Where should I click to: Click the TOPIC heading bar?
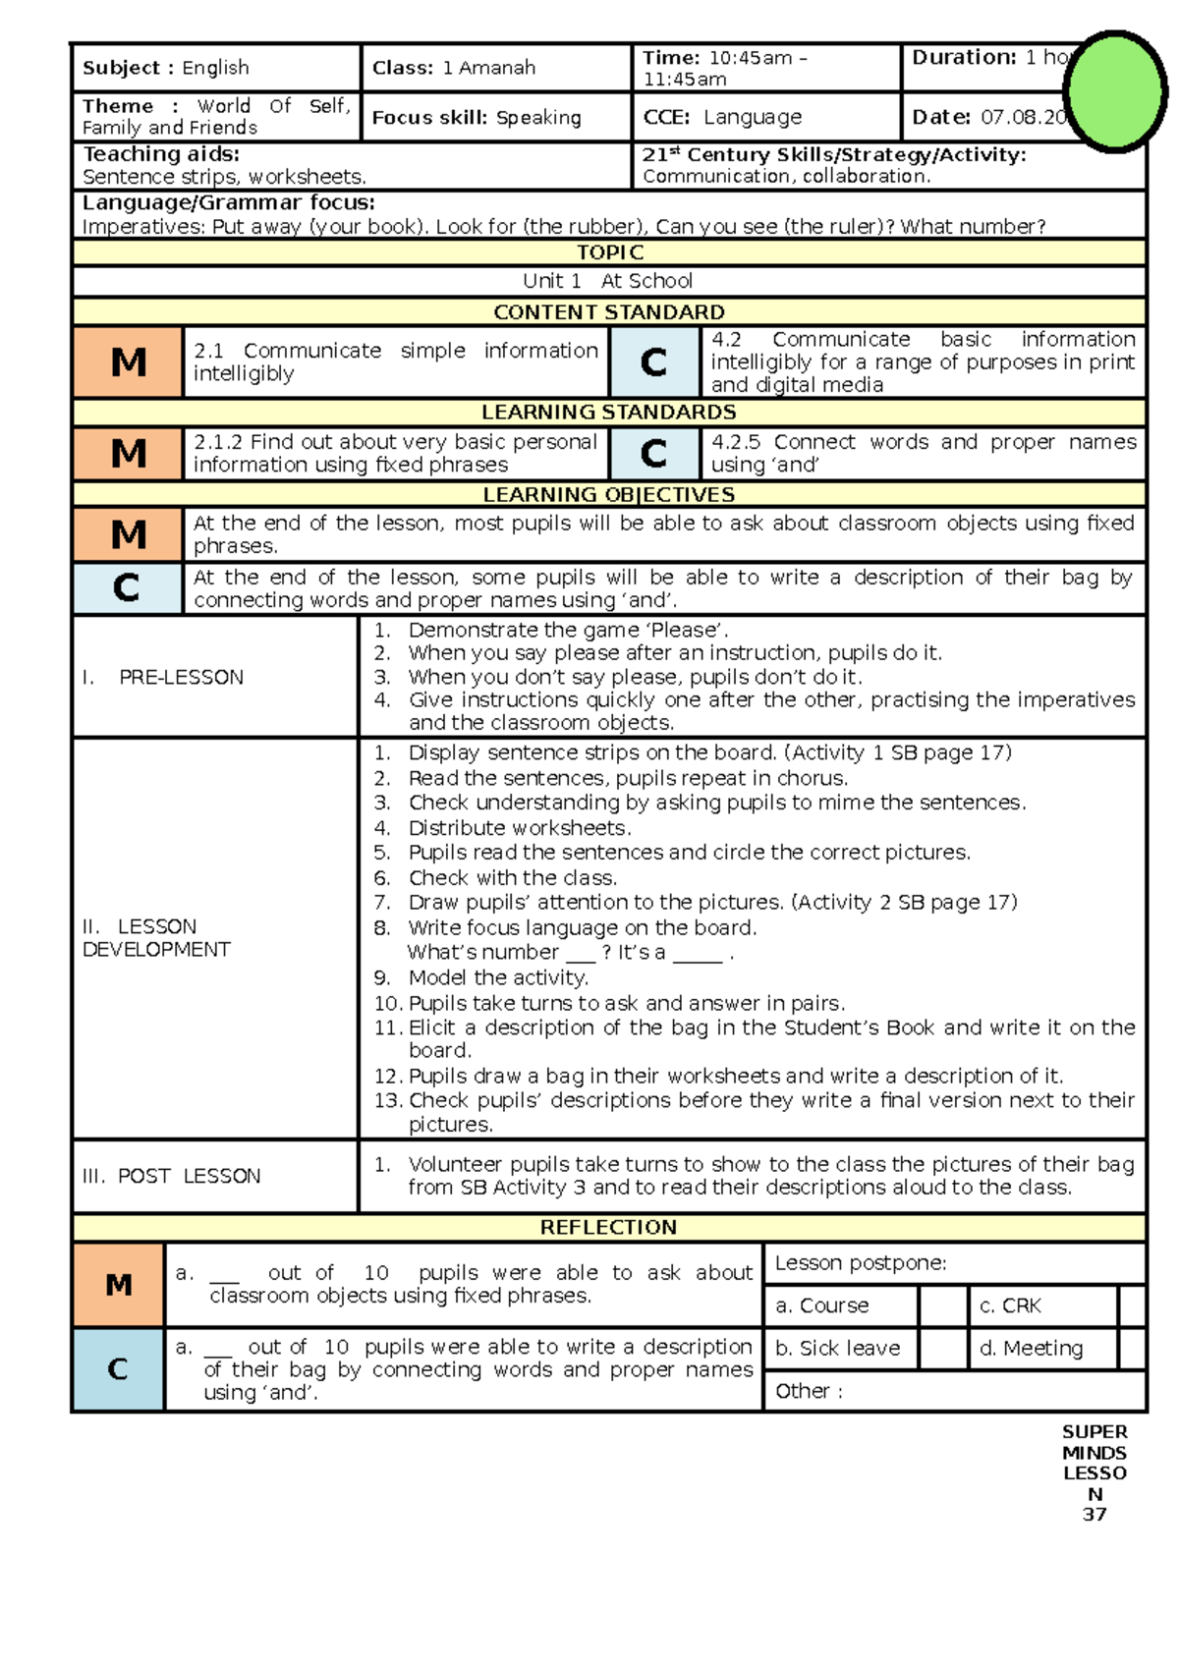609,252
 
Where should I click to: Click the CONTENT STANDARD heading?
609,312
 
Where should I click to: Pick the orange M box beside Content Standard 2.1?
128,362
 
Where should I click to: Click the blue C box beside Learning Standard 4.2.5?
653,454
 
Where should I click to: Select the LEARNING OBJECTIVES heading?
609,494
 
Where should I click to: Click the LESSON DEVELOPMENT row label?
156,938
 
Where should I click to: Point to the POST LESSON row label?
172,1176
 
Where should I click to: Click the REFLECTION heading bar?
609,1227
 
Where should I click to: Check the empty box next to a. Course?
943,1305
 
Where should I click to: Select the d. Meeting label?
1032,1349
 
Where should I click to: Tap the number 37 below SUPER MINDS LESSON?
1095,1514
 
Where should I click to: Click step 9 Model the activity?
497,977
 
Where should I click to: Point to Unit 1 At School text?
608,281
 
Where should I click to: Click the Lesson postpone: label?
861,1263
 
